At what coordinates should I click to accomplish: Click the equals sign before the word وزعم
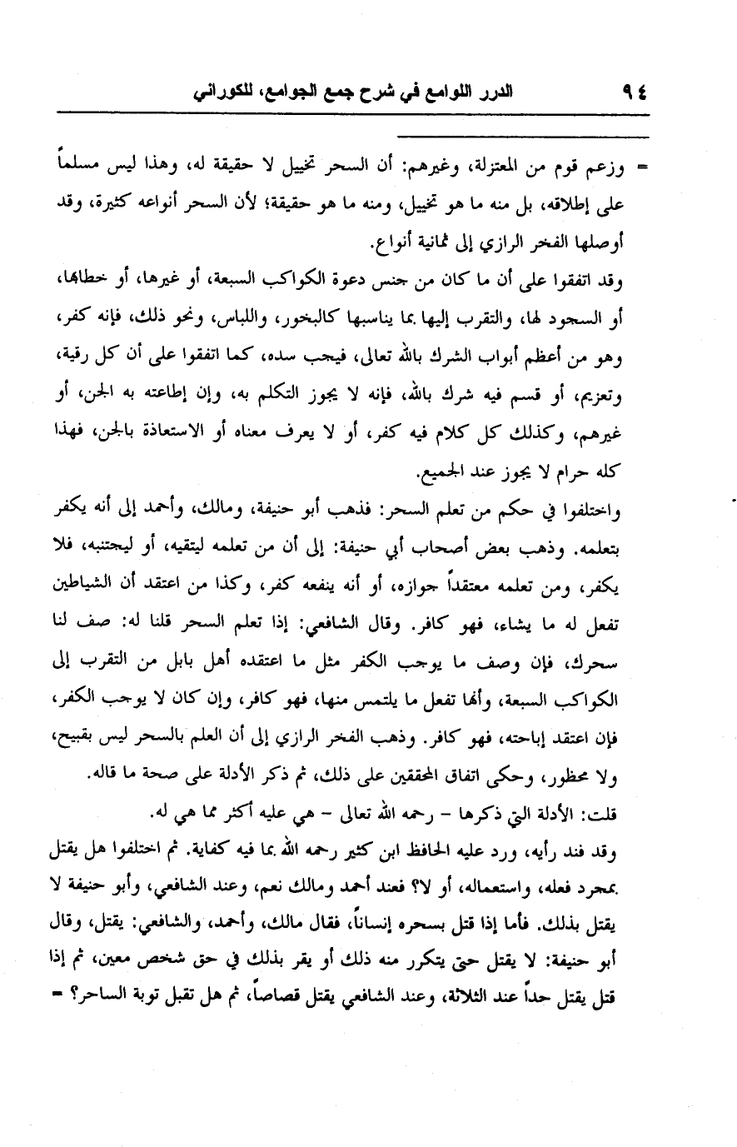coord(642,172)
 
